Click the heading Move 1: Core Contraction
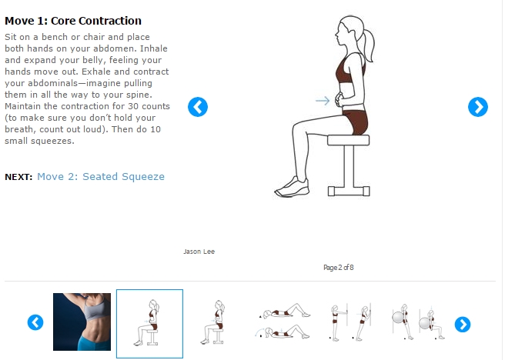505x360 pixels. coord(73,21)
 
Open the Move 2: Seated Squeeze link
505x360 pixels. coord(101,177)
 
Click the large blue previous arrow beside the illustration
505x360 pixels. coord(198,107)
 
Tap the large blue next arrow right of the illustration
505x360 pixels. coord(478,107)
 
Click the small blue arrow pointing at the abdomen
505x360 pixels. coord(323,101)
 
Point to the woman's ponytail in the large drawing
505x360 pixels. coord(368,45)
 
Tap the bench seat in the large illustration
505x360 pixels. coord(349,140)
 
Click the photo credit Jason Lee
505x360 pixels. coord(199,252)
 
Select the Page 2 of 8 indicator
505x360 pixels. coord(339,268)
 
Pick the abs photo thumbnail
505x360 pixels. coord(82,322)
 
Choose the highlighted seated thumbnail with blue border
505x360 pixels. coord(149,324)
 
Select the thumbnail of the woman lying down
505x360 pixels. coord(283,321)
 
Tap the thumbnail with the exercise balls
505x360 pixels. coord(418,322)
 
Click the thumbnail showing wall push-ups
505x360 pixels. coord(350,322)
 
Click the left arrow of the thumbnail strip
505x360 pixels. coord(35,322)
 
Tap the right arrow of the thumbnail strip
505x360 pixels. coord(463,325)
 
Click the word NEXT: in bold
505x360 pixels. coord(18,177)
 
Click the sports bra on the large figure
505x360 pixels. coord(346,69)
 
